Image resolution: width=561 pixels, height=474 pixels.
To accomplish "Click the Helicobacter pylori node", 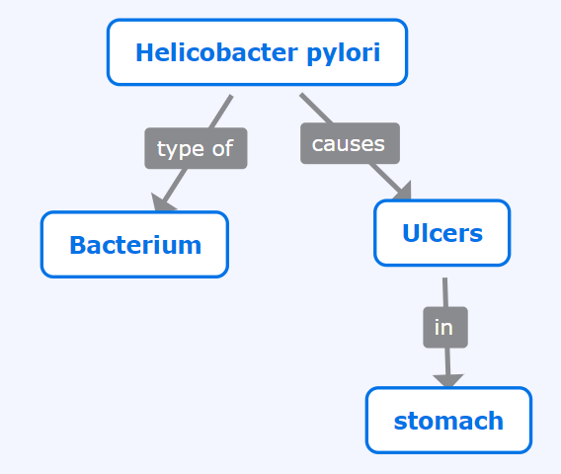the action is [x=257, y=52].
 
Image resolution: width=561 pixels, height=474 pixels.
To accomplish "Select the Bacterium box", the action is [x=134, y=245].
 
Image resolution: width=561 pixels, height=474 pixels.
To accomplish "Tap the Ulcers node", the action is [x=442, y=233].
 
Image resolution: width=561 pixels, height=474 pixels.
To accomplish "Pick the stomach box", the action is [x=448, y=421].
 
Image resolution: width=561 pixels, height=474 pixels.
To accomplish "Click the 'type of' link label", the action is [x=196, y=148].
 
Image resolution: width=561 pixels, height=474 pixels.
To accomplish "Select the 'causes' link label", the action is [x=350, y=143].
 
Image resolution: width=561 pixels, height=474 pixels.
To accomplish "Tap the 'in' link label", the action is [x=445, y=327].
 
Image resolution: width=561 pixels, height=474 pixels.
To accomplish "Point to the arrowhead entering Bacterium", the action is [x=162, y=202].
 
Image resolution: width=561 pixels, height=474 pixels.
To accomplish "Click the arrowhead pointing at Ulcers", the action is [x=403, y=191].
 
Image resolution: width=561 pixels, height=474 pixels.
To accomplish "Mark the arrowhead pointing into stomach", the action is [x=448, y=380].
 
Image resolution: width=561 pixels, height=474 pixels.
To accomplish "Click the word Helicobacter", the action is [x=217, y=52].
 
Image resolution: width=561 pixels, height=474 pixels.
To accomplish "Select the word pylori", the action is [x=344, y=53].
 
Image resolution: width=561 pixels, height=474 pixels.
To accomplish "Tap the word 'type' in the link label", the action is [x=181, y=149].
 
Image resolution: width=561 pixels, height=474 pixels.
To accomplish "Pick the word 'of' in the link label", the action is [x=222, y=147].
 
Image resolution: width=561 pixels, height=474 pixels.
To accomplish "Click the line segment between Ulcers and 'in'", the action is [x=445, y=292].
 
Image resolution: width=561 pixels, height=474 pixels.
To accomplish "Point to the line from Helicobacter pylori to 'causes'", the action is [x=316, y=109].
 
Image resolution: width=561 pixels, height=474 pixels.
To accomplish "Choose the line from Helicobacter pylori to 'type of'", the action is [x=221, y=112].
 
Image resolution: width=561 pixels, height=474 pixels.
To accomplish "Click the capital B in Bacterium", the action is [x=77, y=245].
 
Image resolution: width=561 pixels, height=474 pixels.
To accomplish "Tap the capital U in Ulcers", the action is [x=410, y=233].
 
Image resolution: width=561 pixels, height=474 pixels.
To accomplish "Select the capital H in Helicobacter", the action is [x=144, y=52].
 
